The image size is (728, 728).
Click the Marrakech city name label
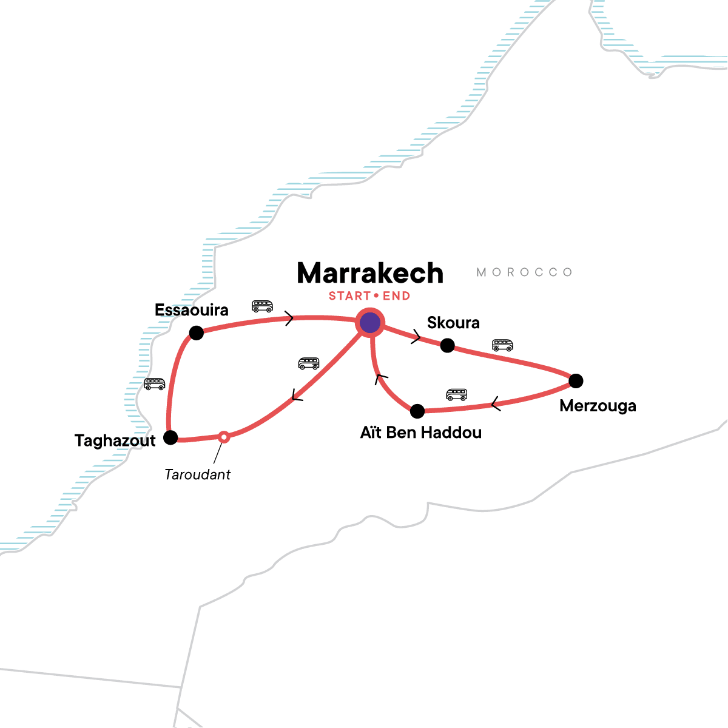pos(370,274)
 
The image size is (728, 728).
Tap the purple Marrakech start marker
pos(370,323)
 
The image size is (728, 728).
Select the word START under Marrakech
pos(349,296)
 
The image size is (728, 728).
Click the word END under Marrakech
pos(396,296)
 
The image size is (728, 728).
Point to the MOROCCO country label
pos(524,272)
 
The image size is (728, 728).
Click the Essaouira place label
pos(192,310)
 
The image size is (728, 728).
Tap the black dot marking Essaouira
pos(196,332)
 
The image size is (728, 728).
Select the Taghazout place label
pos(115,440)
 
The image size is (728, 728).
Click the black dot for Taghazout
pos(171,437)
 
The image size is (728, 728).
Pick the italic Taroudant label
pos(198,474)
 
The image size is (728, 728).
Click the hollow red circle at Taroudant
pos(224,436)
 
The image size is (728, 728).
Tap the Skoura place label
pos(453,323)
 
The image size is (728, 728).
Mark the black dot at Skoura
pos(447,345)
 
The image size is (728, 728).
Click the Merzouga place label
pos(598,406)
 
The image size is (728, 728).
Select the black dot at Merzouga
pos(576,381)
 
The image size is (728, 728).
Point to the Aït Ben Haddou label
pos(421,433)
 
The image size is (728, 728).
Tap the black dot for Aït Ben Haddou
pos(417,411)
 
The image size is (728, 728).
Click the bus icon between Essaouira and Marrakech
pos(262,306)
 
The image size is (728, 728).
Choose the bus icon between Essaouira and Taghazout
pos(155,384)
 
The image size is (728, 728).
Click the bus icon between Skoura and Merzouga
pos(502,345)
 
